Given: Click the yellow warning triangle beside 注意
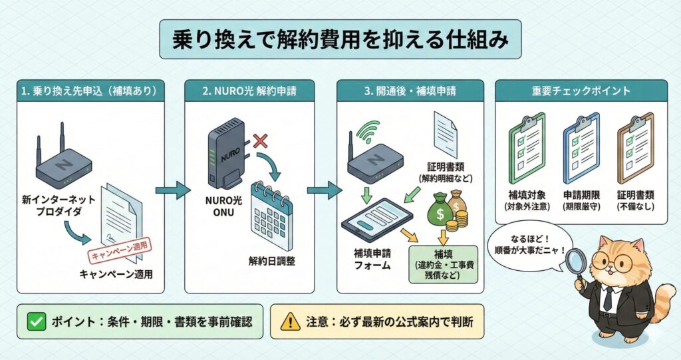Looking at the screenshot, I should (291, 321).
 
